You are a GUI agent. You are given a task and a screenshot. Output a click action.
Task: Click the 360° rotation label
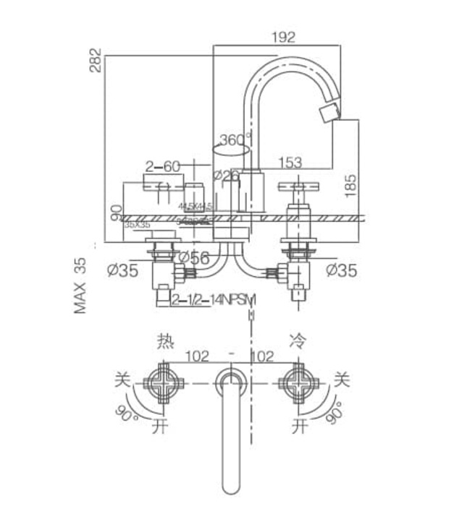coord(235,139)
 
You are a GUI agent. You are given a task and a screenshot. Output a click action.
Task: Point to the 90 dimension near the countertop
coord(115,214)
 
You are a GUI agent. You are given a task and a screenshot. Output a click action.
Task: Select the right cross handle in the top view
coord(298,382)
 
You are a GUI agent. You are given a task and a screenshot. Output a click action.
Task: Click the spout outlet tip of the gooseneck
coord(330,113)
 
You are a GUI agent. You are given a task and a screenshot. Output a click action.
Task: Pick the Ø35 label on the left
coord(122,270)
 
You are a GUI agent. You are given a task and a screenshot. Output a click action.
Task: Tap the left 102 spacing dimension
coord(195,356)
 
